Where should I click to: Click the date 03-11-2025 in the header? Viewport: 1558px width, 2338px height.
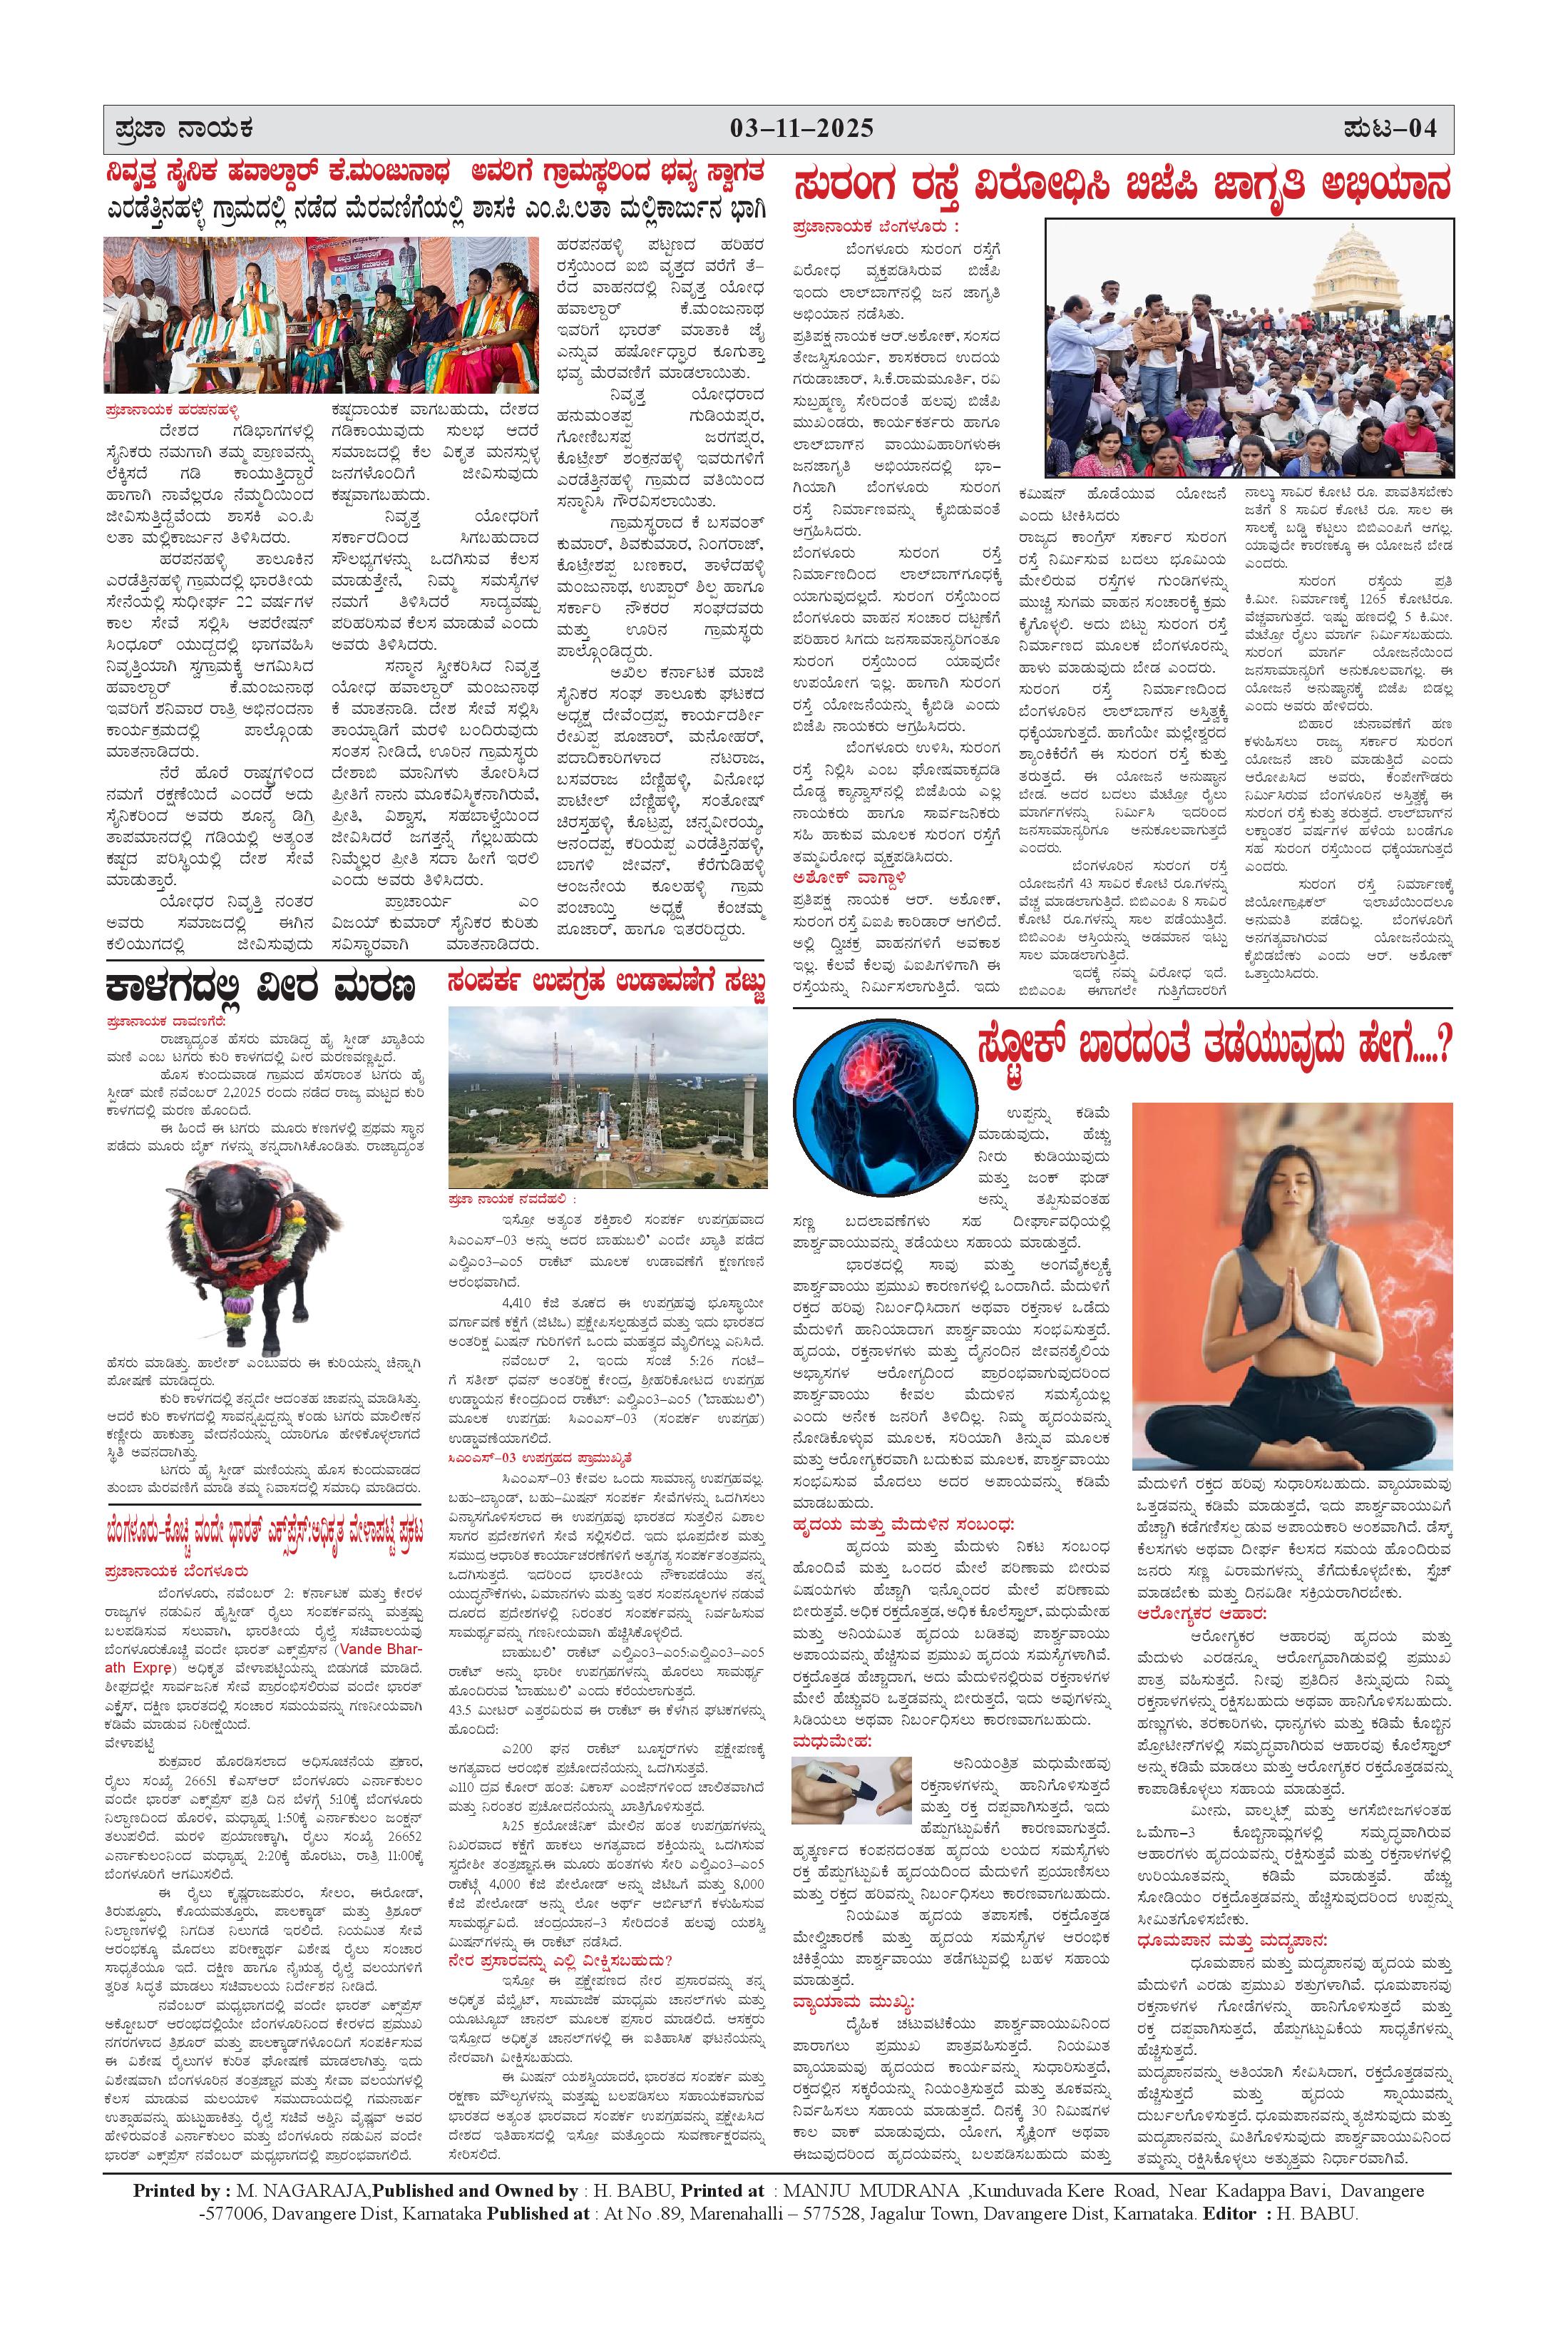pyautogui.click(x=802, y=128)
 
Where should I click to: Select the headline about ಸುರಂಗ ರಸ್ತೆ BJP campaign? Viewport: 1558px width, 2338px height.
pyautogui.click(x=1123, y=186)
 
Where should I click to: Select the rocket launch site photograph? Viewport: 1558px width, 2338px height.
pyautogui.click(x=607, y=1097)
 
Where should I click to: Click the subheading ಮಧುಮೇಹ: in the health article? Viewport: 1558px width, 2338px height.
pyautogui.click(x=831, y=1741)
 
